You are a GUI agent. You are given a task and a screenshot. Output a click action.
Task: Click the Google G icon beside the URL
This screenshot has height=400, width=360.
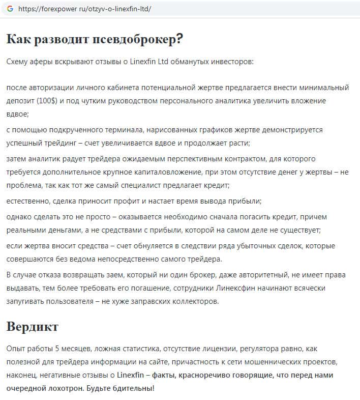(x=10, y=9)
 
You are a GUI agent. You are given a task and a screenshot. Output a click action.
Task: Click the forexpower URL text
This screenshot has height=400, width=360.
(x=84, y=9)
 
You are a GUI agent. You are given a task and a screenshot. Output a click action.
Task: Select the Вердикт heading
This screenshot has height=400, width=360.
(x=33, y=326)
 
